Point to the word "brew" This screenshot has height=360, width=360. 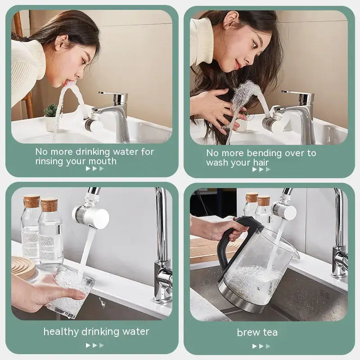247,333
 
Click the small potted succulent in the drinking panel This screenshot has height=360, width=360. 51,112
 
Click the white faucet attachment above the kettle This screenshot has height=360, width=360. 285,210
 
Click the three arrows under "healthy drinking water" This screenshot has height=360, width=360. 95,345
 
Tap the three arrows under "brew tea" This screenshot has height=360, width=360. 261,346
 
